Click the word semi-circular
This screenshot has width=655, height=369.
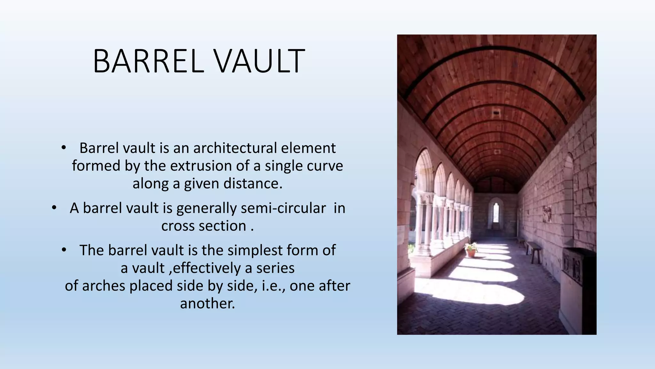point(283,208)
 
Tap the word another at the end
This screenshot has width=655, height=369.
point(207,303)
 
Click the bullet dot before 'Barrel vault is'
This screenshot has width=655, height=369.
point(64,148)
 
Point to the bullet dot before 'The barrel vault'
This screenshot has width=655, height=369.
point(64,250)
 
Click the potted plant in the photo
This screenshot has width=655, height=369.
point(471,250)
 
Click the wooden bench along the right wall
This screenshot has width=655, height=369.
point(533,250)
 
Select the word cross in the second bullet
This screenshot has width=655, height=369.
point(178,226)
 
